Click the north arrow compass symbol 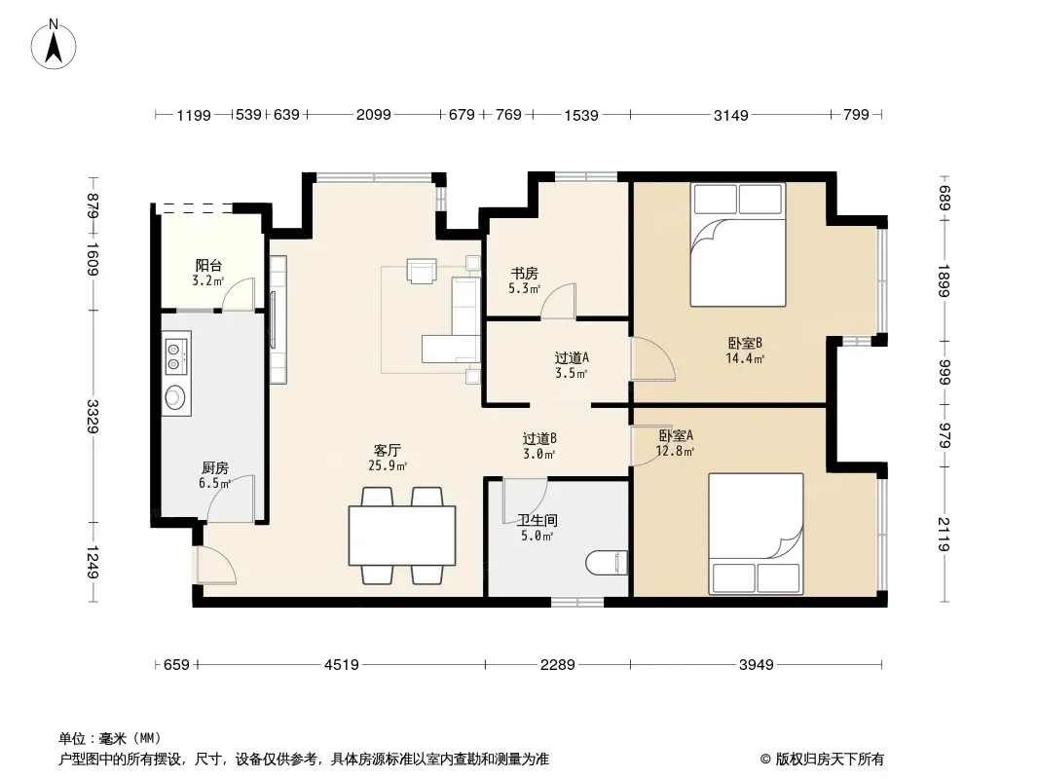point(54,45)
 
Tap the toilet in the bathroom point(607,563)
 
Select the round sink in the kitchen point(174,397)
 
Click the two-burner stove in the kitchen point(175,355)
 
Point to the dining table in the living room point(402,535)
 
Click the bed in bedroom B point(738,244)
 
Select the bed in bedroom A point(756,534)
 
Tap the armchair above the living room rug point(422,271)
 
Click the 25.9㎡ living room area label point(388,466)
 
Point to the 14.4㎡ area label point(745,358)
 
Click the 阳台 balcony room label point(208,266)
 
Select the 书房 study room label point(524,274)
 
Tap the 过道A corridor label point(572,358)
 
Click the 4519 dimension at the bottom point(342,664)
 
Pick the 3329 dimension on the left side point(93,417)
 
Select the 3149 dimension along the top point(731,115)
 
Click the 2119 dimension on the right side point(944,535)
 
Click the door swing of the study point(558,301)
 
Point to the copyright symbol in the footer point(765,760)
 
